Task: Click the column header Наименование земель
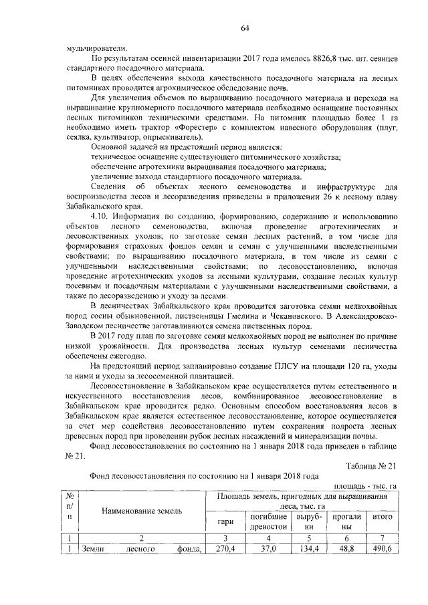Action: click(141, 511)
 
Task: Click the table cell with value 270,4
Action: click(225, 550)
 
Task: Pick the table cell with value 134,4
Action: click(309, 550)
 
